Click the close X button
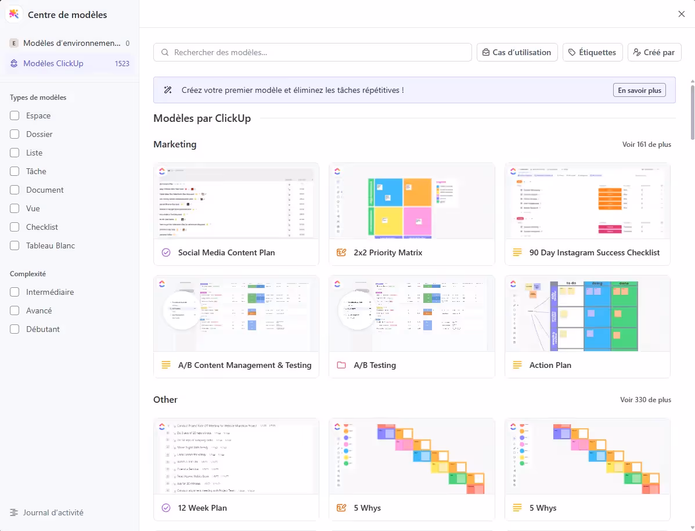click(682, 14)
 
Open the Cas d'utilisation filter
click(517, 52)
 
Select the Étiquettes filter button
click(592, 52)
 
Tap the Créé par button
click(654, 52)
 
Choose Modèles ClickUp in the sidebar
click(53, 63)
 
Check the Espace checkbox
click(15, 115)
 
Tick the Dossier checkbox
click(15, 134)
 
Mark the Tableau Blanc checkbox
click(15, 245)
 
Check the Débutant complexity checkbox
click(15, 329)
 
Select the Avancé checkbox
click(15, 310)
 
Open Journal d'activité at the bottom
click(53, 512)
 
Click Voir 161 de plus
click(646, 145)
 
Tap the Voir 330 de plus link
click(646, 400)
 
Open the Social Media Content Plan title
click(226, 252)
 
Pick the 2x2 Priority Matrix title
click(388, 252)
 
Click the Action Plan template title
click(550, 365)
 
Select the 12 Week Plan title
click(202, 508)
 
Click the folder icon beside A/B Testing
click(341, 365)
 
